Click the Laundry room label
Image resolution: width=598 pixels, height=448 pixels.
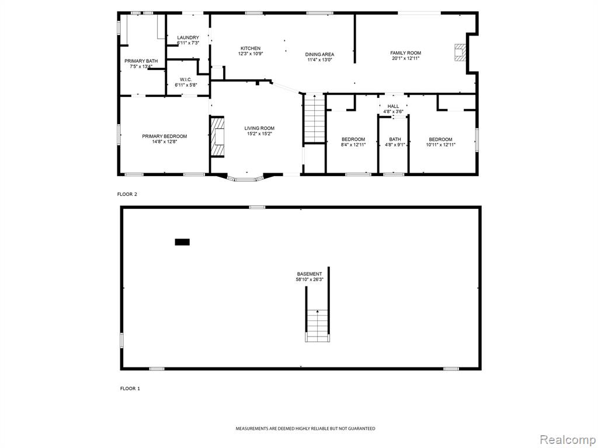click(188, 38)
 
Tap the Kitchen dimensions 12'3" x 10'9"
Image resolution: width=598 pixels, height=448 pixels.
click(251, 54)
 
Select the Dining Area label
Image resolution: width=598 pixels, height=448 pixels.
click(319, 54)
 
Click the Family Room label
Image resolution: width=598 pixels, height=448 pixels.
click(405, 53)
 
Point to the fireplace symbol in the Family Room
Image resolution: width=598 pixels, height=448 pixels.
click(460, 52)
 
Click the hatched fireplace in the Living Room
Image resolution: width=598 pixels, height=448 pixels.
click(217, 136)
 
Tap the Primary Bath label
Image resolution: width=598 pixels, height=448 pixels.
click(141, 61)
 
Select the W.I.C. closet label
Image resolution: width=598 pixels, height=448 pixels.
click(186, 79)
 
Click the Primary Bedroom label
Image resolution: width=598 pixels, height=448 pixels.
click(164, 136)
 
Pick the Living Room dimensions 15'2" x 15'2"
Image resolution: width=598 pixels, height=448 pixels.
click(259, 134)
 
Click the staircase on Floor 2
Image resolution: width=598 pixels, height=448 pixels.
click(314, 119)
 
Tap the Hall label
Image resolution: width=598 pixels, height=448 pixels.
click(393, 106)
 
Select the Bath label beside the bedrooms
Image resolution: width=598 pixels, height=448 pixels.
click(395, 139)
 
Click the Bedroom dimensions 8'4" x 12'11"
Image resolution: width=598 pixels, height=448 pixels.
click(353, 145)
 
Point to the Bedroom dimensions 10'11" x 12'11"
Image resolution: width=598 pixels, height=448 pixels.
click(440, 145)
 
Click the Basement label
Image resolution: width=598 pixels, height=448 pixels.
click(310, 274)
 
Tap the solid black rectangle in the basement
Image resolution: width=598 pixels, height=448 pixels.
click(182, 242)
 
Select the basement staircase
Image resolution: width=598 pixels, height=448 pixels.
click(317, 325)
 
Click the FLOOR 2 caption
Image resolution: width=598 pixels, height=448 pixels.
click(127, 194)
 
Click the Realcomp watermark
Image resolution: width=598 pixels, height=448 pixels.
click(567, 440)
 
